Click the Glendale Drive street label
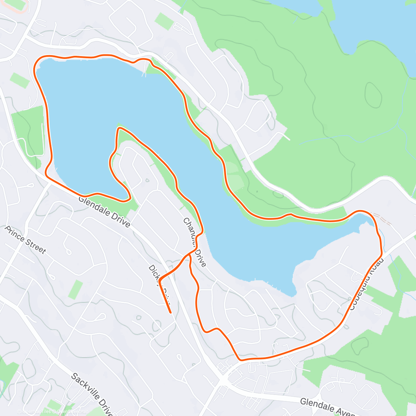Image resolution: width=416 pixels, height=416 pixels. [104, 212]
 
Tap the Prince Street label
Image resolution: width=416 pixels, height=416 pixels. [25, 240]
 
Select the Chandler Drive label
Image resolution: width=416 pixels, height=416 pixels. [194, 243]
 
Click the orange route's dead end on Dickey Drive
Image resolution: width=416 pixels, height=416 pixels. [171, 312]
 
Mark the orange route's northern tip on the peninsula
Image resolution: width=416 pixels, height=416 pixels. [119, 129]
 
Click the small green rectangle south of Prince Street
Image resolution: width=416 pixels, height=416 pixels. [75, 289]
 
